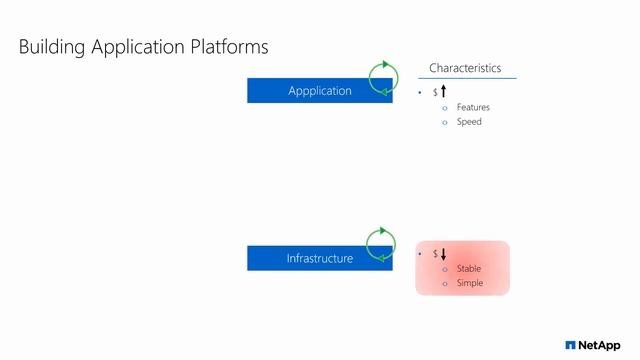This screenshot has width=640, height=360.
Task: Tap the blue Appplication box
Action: [x=319, y=90]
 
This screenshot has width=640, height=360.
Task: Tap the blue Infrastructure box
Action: [x=319, y=258]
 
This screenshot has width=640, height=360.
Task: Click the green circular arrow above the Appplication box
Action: [x=382, y=76]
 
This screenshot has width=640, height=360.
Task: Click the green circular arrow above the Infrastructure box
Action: [x=382, y=243]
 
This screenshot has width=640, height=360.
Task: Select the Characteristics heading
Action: [x=465, y=68]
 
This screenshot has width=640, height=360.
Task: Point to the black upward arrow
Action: [x=443, y=91]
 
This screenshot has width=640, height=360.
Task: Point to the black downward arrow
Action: [x=443, y=254]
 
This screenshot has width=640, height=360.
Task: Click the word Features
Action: [x=473, y=107]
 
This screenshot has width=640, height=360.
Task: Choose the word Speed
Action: [x=469, y=122]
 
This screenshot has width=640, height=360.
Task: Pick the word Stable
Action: [x=469, y=269]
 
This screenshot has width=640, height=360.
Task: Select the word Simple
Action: [x=470, y=283]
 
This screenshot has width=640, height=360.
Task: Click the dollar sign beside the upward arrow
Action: [x=435, y=92]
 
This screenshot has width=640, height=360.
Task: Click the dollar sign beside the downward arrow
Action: [x=435, y=254]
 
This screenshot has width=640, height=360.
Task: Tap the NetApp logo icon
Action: [x=570, y=345]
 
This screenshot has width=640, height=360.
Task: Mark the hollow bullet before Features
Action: [x=445, y=107]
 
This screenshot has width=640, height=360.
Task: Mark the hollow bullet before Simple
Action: [x=445, y=283]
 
